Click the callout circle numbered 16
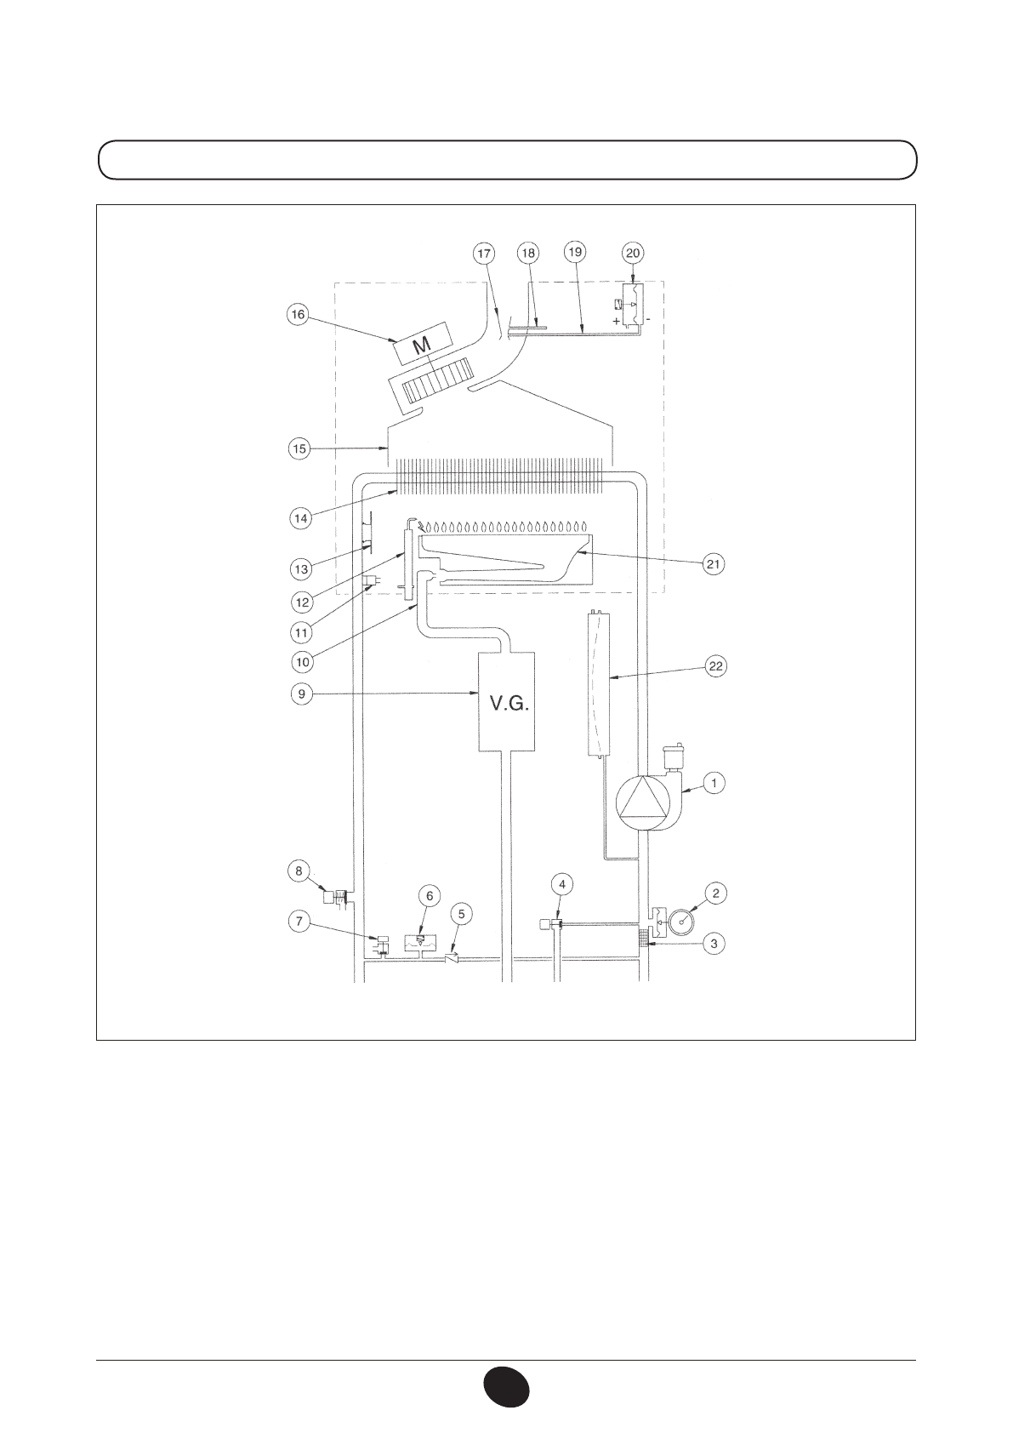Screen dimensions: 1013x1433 click(299, 315)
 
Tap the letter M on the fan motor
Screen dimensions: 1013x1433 click(421, 346)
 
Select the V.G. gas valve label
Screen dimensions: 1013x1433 click(509, 704)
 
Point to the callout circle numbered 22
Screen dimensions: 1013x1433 click(715, 666)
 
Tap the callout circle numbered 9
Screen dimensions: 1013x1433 click(302, 694)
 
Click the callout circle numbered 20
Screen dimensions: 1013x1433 click(633, 254)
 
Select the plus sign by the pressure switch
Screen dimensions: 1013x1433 click(617, 321)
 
